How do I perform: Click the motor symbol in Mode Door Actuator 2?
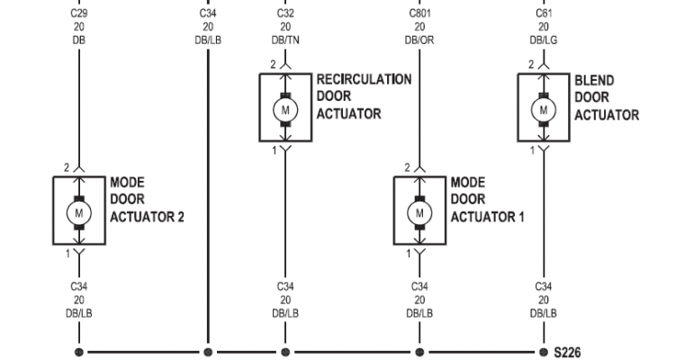coord(79,213)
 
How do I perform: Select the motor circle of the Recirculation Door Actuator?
coord(285,110)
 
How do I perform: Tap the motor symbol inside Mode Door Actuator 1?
coord(419,213)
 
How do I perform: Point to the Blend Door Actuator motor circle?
coord(544,110)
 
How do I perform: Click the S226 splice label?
coord(567,352)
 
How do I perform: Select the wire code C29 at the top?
coord(79,13)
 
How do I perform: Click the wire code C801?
coord(419,13)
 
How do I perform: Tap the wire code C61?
coord(544,13)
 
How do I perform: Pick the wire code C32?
coord(285,13)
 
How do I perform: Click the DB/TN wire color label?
coord(285,40)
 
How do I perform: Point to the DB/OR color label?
coord(419,40)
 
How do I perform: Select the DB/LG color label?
coord(544,40)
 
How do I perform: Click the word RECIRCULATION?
coord(364,79)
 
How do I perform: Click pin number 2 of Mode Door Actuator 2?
coord(67,167)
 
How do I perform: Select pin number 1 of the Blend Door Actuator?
coord(532,150)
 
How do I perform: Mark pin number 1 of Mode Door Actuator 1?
coord(409,254)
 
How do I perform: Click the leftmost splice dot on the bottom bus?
coord(79,352)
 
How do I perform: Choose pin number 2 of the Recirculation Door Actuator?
coord(273,65)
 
